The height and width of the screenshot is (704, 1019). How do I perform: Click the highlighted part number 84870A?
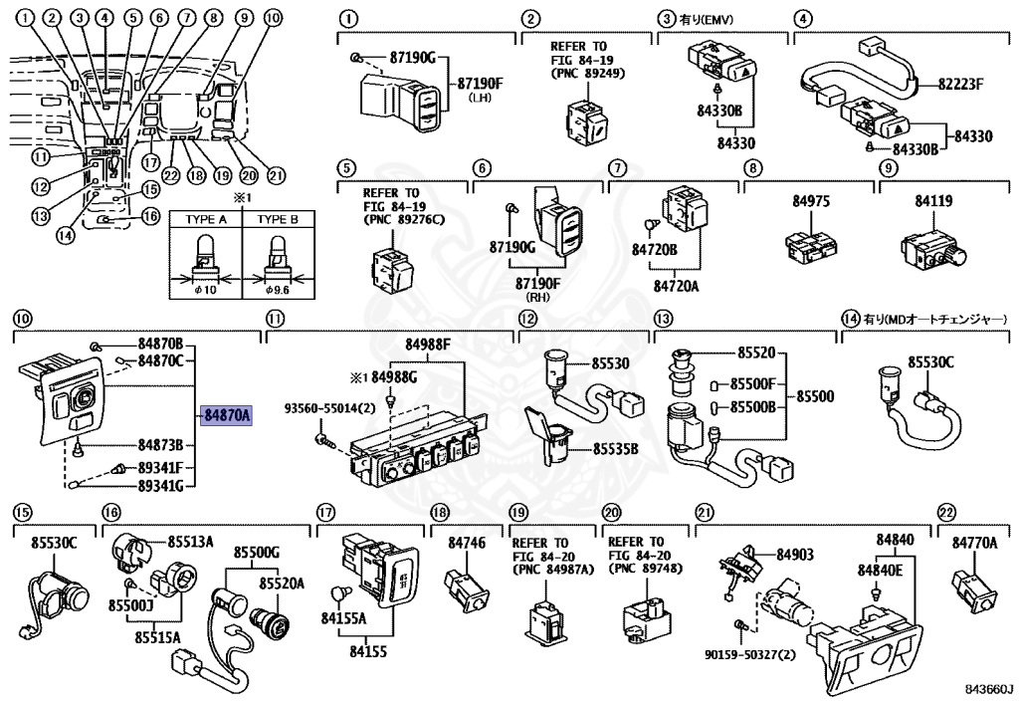(x=227, y=414)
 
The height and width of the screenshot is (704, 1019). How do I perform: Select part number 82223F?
(x=960, y=84)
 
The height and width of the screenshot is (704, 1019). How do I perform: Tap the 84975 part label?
(x=811, y=201)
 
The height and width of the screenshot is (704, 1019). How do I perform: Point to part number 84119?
(x=933, y=201)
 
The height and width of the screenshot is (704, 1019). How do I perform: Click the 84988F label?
(x=428, y=345)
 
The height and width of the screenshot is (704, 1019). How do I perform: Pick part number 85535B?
(x=615, y=448)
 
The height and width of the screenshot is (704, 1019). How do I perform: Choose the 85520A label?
(x=282, y=584)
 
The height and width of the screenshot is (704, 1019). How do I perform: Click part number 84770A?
(x=975, y=542)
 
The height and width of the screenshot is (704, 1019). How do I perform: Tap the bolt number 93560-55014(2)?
(x=330, y=408)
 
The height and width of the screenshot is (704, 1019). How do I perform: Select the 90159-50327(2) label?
(x=750, y=654)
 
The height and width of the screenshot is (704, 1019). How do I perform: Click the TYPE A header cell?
(x=206, y=219)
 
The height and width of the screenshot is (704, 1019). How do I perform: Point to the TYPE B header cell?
(x=278, y=219)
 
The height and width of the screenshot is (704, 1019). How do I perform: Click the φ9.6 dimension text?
(x=279, y=290)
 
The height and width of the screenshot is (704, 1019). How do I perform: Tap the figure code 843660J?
(x=988, y=688)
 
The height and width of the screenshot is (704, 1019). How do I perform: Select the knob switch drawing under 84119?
(x=933, y=250)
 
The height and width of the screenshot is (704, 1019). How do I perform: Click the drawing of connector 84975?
(x=811, y=247)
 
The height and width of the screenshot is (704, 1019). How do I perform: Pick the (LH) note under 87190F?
(x=480, y=98)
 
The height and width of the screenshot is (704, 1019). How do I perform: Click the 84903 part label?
(x=795, y=555)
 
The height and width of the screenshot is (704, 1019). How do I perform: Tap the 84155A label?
(x=343, y=617)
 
